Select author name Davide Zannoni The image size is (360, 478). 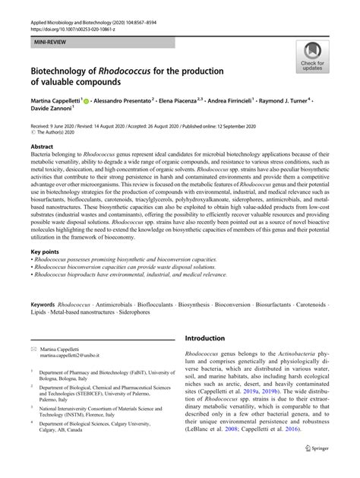pos(53,109)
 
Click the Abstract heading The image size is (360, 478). pos(42,144)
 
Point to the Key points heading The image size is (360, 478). pos(45,252)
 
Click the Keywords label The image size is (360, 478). pos(42,303)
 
